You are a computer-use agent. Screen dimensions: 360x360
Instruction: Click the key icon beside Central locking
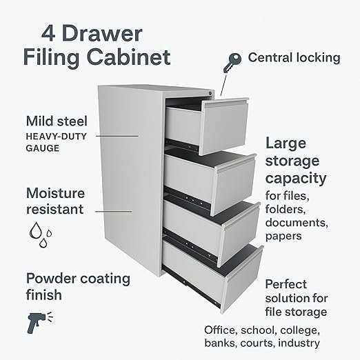(232, 63)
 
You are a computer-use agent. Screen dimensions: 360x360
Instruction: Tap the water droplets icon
(40, 234)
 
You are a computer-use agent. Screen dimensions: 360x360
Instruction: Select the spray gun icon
(39, 322)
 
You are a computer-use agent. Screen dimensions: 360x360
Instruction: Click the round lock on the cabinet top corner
(210, 93)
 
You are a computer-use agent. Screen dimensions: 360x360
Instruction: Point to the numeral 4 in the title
(48, 34)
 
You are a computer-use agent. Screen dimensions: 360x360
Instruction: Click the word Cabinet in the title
(129, 57)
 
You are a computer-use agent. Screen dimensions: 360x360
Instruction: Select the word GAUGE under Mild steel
(43, 148)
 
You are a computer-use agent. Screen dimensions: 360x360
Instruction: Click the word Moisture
(55, 193)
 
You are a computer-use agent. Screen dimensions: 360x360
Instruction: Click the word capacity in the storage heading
(296, 179)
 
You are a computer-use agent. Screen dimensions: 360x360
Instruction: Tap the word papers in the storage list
(283, 237)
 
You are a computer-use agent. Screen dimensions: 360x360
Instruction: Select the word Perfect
(286, 284)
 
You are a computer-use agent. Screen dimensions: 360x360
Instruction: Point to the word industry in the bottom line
(299, 343)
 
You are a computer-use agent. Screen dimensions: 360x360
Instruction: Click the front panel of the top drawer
(224, 127)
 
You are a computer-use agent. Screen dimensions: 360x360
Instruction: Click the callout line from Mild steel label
(117, 136)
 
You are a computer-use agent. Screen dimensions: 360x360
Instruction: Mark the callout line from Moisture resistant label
(114, 212)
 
